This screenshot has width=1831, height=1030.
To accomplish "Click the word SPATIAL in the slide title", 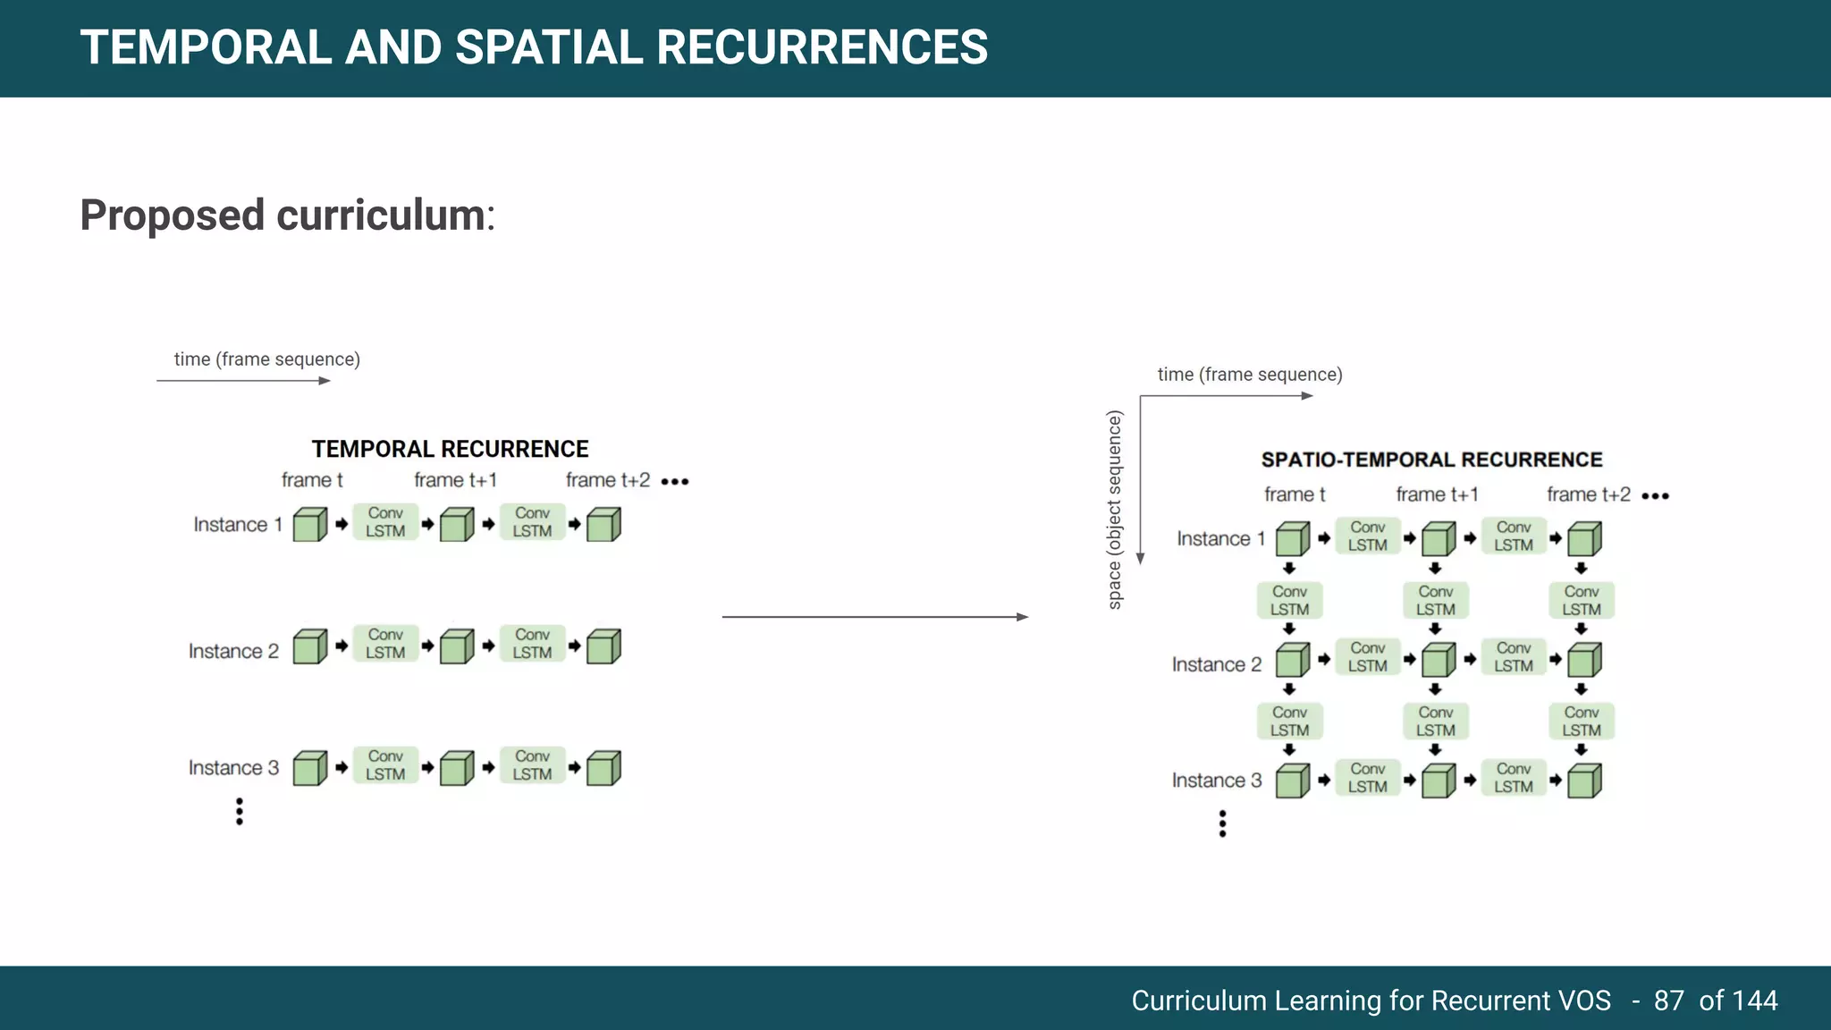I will click(x=548, y=47).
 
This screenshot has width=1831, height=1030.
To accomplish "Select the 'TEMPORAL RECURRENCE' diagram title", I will click(x=450, y=449).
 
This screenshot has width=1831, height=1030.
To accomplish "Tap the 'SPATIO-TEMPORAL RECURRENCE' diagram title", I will click(x=1431, y=460).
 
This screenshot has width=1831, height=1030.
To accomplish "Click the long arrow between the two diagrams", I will click(x=874, y=617).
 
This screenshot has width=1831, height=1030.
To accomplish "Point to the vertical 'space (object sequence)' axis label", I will click(x=1114, y=510).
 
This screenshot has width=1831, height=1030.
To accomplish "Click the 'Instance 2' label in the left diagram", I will click(x=233, y=651).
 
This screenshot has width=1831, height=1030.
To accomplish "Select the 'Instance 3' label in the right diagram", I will click(x=1217, y=781).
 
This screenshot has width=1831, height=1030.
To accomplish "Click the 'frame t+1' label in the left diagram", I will click(x=455, y=480).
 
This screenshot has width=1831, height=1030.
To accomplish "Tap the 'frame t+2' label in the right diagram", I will click(x=1588, y=494).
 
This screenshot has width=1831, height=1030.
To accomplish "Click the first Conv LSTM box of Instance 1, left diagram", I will click(x=385, y=522).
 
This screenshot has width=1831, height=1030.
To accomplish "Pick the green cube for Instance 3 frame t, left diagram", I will click(x=309, y=768).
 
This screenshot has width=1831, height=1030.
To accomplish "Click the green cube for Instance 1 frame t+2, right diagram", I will click(x=1583, y=539).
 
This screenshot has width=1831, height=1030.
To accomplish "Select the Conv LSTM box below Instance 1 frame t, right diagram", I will click(x=1289, y=600).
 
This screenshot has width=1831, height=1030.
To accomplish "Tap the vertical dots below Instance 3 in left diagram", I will click(x=240, y=811).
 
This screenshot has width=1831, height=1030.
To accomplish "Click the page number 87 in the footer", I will click(x=1668, y=1000).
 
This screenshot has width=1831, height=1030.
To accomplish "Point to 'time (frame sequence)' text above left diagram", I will click(x=266, y=359).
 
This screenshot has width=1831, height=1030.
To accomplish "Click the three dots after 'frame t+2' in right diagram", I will click(x=1655, y=496).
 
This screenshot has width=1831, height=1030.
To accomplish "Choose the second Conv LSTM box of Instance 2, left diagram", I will click(x=532, y=644).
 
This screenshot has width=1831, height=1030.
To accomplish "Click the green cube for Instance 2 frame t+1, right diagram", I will click(x=1438, y=661).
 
